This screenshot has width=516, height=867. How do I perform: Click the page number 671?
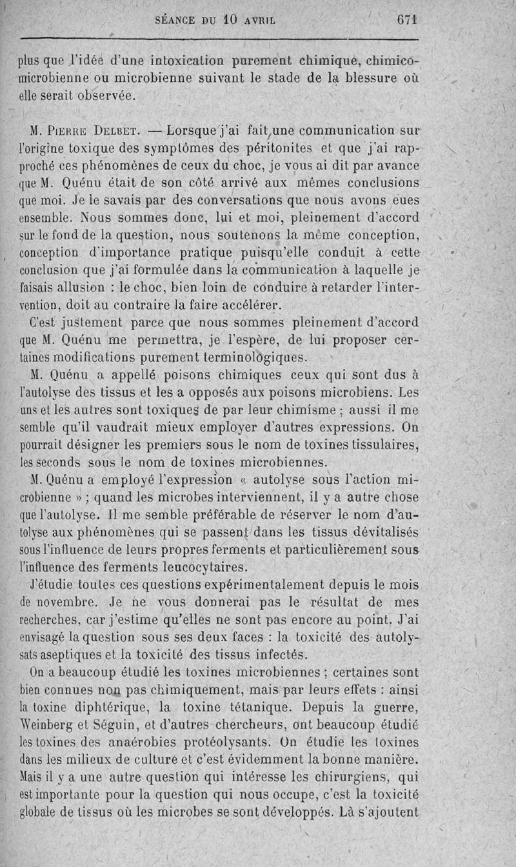[x=407, y=19]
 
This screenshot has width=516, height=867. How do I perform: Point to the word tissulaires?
[x=387, y=445]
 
